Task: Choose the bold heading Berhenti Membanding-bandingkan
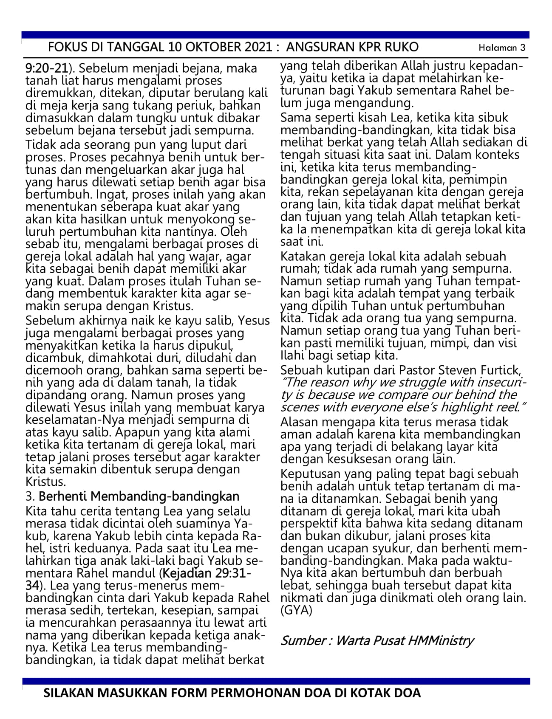[139, 496]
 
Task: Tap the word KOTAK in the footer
[357, 694]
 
